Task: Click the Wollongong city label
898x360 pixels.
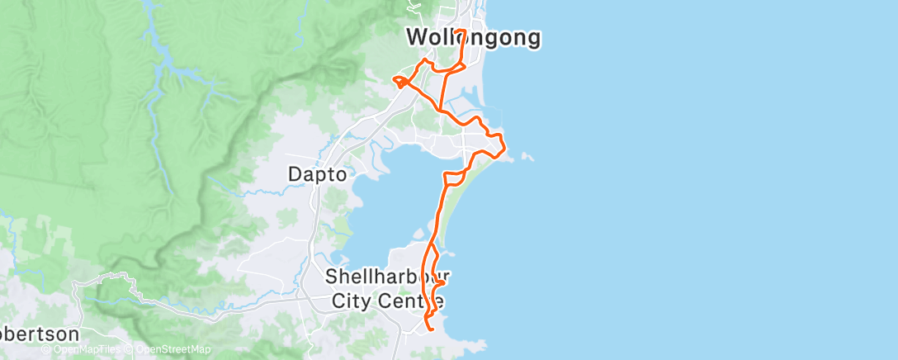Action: [474, 37]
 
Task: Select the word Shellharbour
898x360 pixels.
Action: [387, 276]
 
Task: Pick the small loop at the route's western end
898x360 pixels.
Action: [399, 81]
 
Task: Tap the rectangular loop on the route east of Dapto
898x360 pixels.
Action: [455, 177]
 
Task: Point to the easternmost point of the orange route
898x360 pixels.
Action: [505, 149]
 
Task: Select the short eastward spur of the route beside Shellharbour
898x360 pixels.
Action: [440, 283]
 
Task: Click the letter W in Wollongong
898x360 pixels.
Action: [415, 37]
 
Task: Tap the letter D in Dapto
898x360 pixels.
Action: [294, 174]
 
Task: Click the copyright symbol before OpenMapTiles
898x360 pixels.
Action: [45, 349]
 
